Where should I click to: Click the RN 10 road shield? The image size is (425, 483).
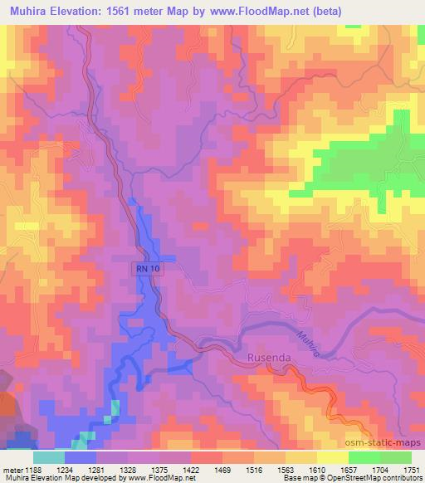click(x=145, y=269)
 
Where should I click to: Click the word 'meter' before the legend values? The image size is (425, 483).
click(x=14, y=470)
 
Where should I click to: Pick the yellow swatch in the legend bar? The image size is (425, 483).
click(x=332, y=457)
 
